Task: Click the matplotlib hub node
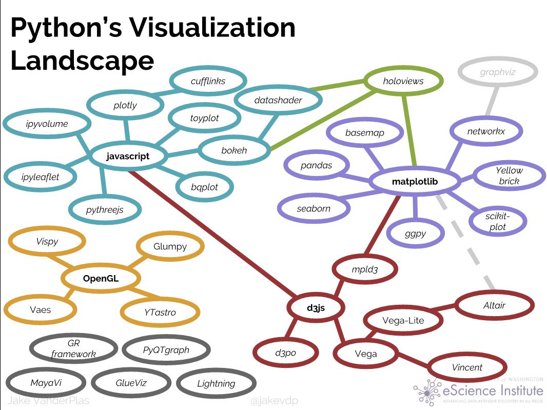(415, 182)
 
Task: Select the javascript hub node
(128, 156)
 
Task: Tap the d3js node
(316, 308)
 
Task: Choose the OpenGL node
(101, 279)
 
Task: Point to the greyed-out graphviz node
(497, 72)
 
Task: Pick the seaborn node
(314, 209)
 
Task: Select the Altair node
(494, 305)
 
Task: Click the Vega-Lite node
(403, 321)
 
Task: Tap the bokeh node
(234, 150)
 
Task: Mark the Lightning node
(216, 383)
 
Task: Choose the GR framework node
(73, 348)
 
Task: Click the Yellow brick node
(509, 175)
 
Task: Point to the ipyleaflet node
(41, 177)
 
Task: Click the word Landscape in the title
(82, 61)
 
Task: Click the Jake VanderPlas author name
(41, 401)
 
